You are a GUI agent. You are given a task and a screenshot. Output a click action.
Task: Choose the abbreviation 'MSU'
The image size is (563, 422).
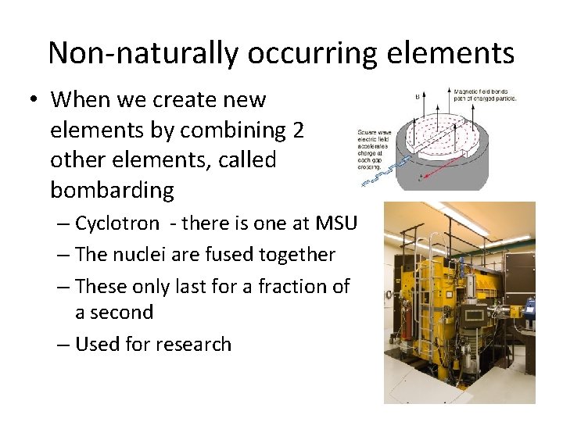(x=335, y=223)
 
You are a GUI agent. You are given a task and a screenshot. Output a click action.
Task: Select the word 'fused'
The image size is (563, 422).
(x=249, y=255)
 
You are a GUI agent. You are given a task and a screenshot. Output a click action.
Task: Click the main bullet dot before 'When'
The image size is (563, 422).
(x=35, y=101)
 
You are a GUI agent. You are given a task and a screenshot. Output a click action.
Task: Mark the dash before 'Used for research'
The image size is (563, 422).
(x=63, y=345)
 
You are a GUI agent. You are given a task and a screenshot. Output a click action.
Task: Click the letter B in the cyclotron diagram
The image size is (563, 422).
(x=417, y=97)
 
